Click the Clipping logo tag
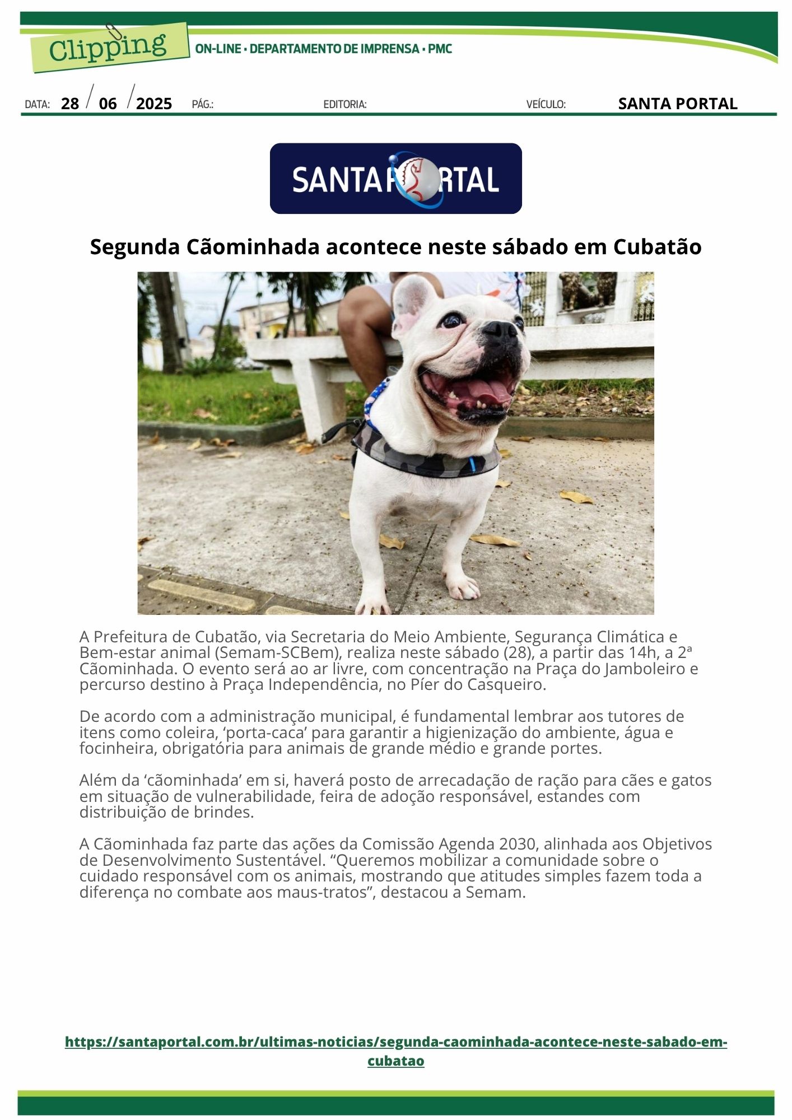(x=109, y=48)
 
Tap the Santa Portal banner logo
(x=395, y=179)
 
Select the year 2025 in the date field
(x=154, y=104)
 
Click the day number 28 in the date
(x=70, y=104)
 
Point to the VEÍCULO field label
(x=546, y=105)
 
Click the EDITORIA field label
(x=345, y=105)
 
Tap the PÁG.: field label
(x=202, y=105)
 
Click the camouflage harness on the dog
(x=426, y=456)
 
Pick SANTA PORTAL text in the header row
(x=677, y=104)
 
